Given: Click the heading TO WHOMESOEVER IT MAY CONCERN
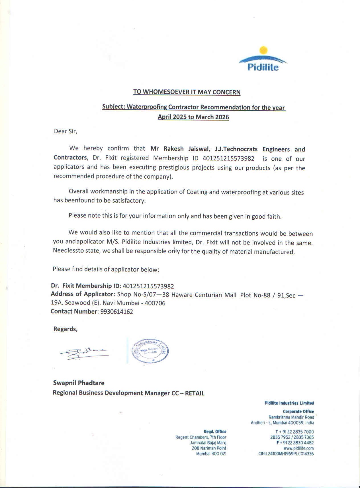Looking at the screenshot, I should [187, 92].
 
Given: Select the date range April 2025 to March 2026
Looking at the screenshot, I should [193, 117].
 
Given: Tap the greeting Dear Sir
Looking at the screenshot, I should [66, 131].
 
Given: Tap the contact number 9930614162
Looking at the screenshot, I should [117, 312].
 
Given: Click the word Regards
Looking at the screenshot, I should [65, 329].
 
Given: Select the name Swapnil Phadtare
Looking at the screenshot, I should [79, 383].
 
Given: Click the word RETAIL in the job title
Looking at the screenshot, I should [195, 393].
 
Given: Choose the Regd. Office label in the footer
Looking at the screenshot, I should [215, 432].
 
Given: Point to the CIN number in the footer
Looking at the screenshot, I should [286, 454].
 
